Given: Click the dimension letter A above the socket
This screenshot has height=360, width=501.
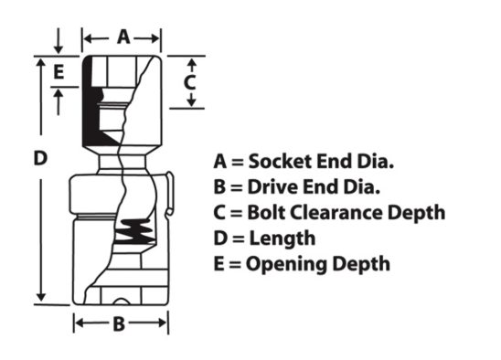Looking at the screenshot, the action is (123, 37).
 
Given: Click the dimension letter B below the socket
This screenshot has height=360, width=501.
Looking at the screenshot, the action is (119, 323).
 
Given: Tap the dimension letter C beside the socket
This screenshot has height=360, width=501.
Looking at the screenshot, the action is (190, 83).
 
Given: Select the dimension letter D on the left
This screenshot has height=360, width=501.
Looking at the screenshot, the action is (40, 158).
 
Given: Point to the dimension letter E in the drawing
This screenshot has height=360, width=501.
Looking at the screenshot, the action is (59, 71).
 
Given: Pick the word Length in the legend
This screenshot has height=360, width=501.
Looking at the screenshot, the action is (282, 239).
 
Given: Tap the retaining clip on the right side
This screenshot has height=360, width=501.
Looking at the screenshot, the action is (170, 194).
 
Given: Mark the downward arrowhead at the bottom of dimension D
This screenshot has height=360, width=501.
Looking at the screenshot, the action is (41, 297).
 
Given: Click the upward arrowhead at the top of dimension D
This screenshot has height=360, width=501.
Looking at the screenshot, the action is (41, 62).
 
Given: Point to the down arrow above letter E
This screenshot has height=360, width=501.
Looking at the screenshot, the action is (59, 41).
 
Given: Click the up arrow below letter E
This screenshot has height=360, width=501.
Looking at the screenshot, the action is (59, 101).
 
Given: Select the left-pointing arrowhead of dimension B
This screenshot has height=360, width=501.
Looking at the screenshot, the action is (80, 323).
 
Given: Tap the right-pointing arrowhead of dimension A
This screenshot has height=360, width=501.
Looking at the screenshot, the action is (155, 38).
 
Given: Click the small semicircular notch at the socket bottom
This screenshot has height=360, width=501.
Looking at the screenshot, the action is (121, 302).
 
